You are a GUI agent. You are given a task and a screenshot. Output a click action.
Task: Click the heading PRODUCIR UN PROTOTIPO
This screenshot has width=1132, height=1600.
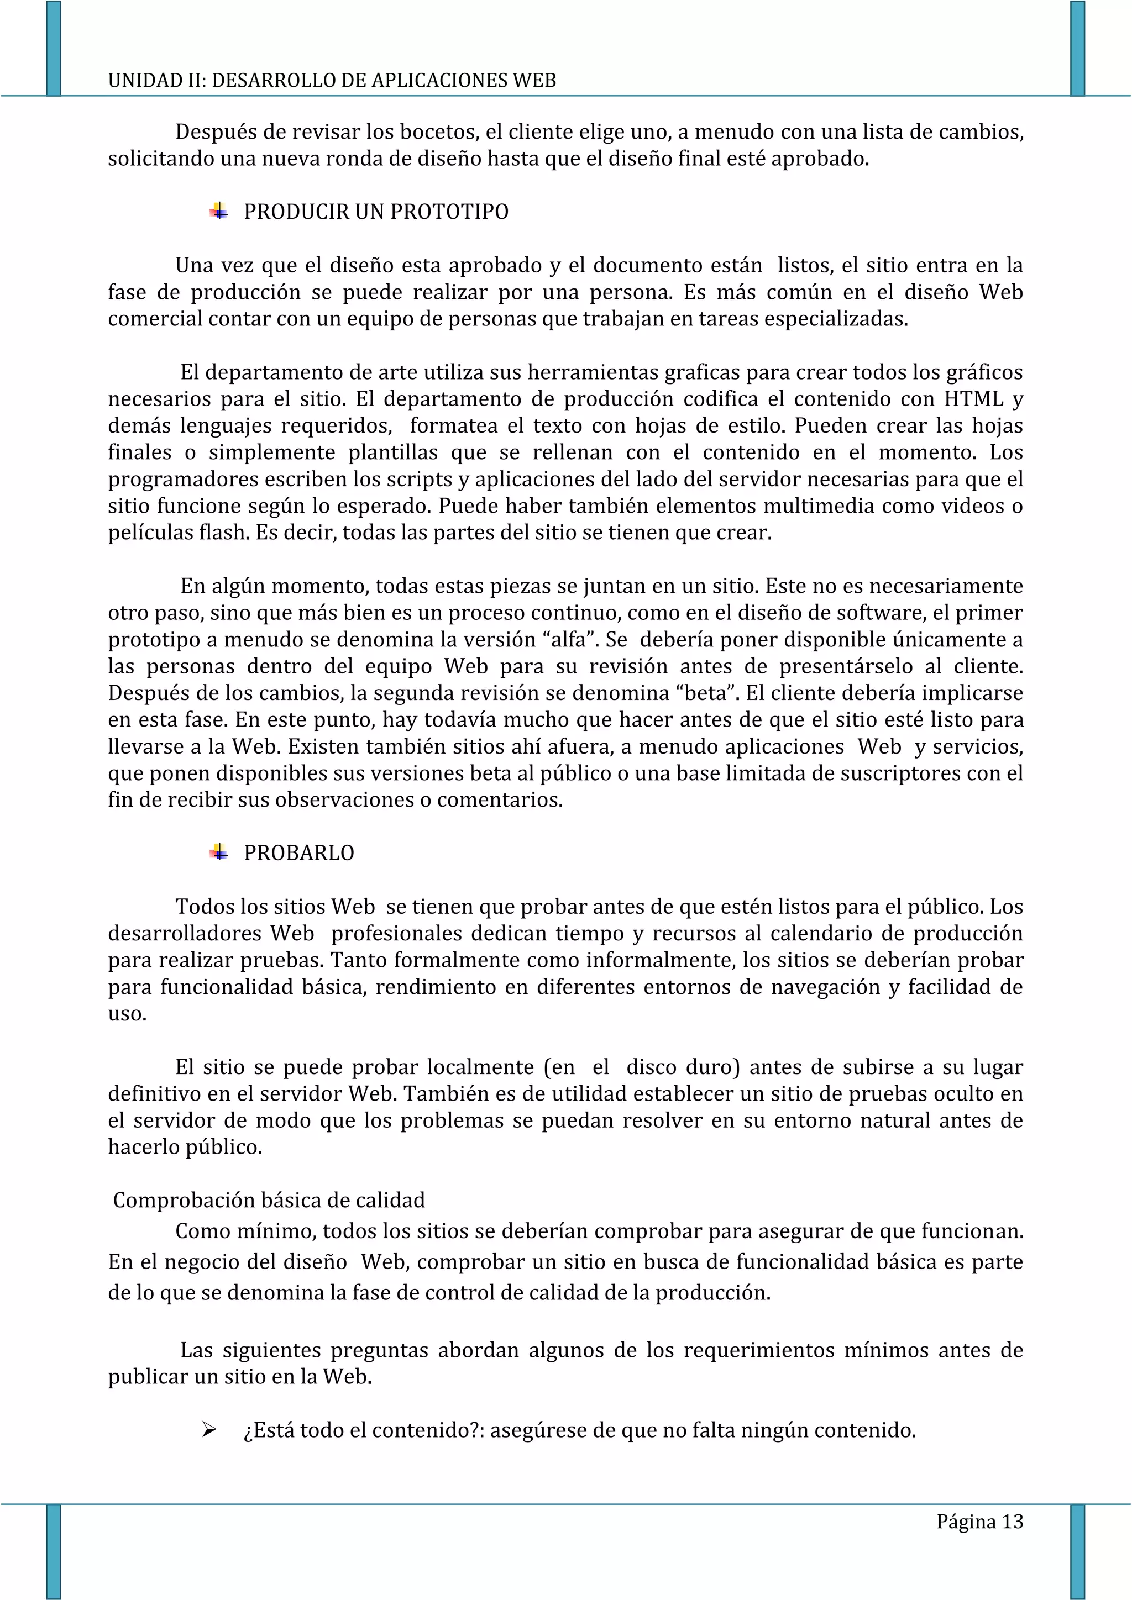click(376, 212)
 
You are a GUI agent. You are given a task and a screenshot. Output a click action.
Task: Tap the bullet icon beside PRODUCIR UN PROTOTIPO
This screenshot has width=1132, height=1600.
click(219, 211)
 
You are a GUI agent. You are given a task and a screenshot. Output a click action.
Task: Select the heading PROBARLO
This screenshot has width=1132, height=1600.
click(298, 853)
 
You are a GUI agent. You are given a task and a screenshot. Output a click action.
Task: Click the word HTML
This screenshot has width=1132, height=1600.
click(974, 399)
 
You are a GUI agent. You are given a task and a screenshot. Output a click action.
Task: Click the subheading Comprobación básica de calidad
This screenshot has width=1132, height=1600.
click(269, 1200)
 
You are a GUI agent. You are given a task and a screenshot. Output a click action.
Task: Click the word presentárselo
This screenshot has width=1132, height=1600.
click(846, 666)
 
